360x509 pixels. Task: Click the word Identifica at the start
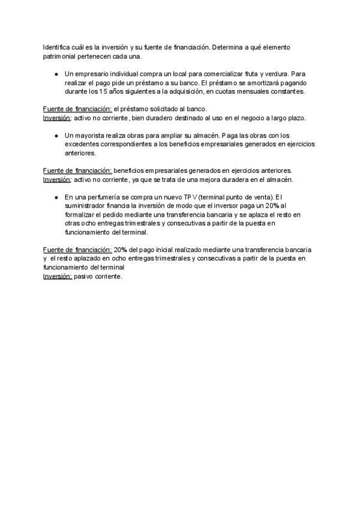coord(56,47)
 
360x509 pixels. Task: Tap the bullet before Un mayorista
coord(55,136)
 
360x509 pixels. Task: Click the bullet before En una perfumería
coord(55,197)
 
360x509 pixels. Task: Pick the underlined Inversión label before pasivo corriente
coord(58,277)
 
